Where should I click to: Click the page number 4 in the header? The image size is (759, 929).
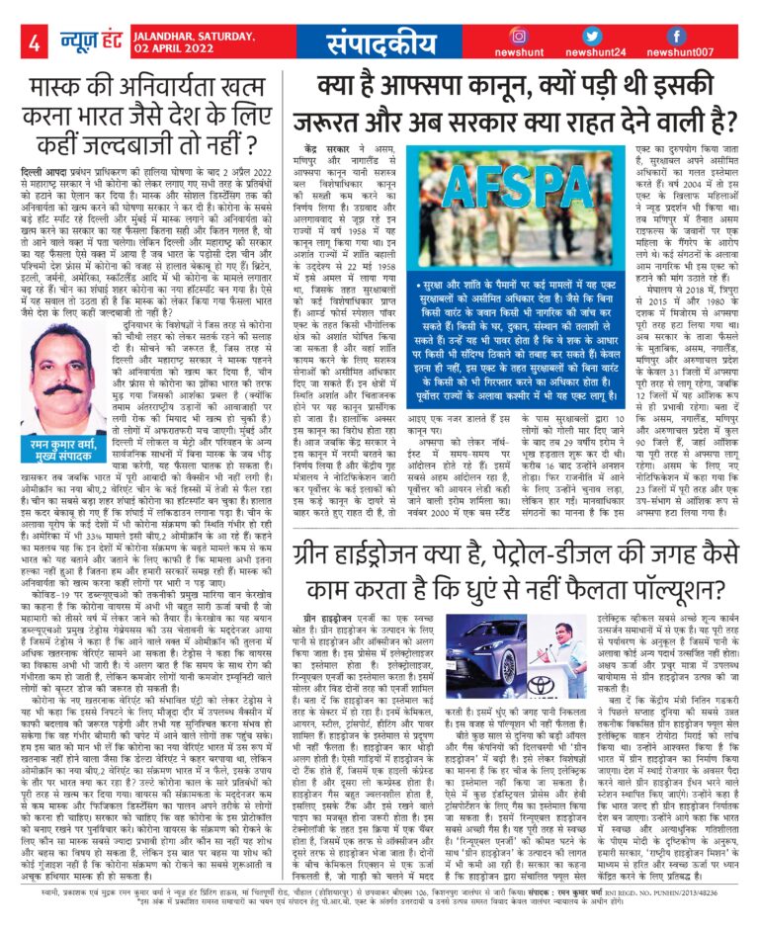(34, 42)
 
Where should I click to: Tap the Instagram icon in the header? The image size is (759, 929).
(520, 35)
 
